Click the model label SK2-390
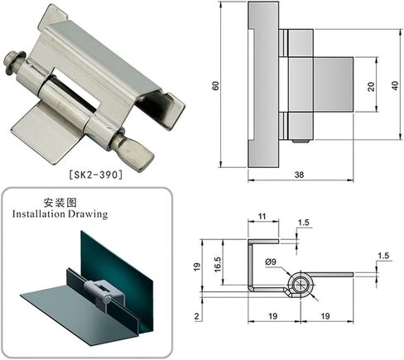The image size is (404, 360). (95, 175)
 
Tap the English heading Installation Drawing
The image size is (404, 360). (60, 214)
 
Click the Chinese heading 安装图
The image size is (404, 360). (60, 203)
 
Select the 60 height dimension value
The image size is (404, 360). (216, 85)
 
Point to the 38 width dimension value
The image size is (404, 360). (299, 175)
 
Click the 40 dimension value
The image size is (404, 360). (395, 85)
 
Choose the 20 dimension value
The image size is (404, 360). (371, 87)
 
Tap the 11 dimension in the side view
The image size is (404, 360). (262, 216)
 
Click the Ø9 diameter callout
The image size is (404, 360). (271, 262)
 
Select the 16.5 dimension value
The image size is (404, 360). (218, 265)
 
